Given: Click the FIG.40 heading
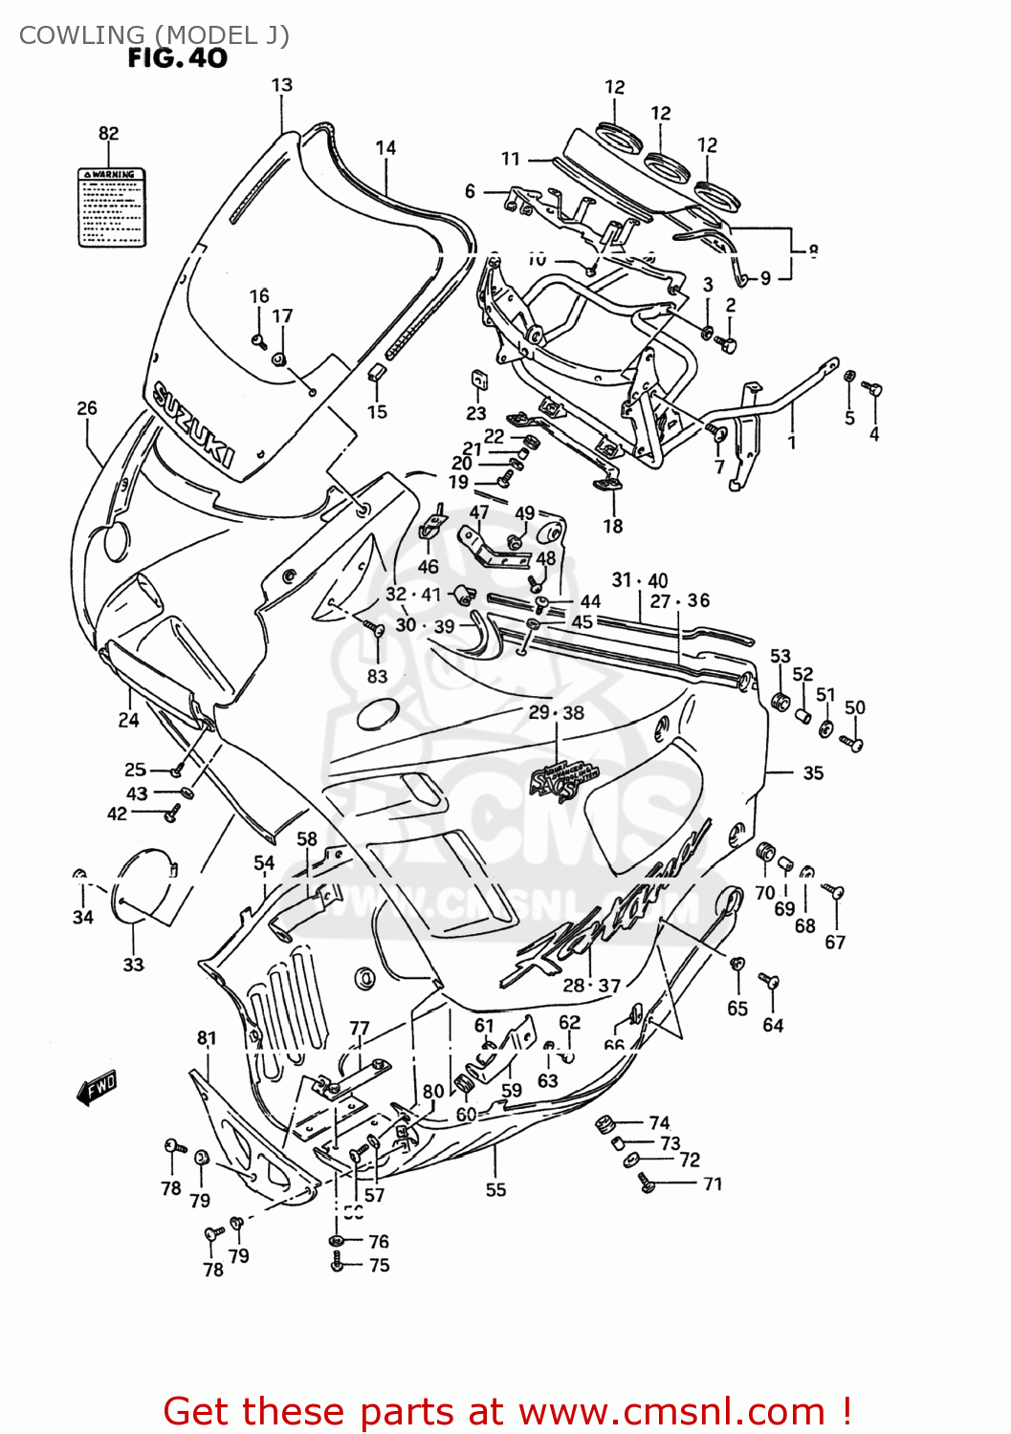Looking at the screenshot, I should tap(178, 58).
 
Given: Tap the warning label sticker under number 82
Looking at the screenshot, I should tap(112, 207).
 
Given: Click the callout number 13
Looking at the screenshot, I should tap(281, 85).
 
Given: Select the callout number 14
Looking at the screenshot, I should tap(385, 147).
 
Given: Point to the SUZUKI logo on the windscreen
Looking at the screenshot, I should tap(194, 424).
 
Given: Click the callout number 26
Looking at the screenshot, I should tap(87, 408).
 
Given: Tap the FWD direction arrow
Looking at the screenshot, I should tap(97, 1087).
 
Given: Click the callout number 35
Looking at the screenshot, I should tap(813, 772).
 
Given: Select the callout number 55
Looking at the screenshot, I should tap(495, 1189).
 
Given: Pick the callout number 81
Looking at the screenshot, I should tap(207, 1037).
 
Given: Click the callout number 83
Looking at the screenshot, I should tap(377, 676).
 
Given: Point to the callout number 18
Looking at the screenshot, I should tap(613, 526).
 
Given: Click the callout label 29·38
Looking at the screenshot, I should tap(556, 712).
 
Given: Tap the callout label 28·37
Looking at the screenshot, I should tap(591, 986).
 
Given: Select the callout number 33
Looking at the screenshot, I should tap(133, 965).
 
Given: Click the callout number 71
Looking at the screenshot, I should tap(713, 1184).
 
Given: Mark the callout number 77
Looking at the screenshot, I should tap(359, 1029).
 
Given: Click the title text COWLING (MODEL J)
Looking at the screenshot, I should tap(154, 35).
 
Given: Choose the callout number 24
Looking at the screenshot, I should tap(128, 720).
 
